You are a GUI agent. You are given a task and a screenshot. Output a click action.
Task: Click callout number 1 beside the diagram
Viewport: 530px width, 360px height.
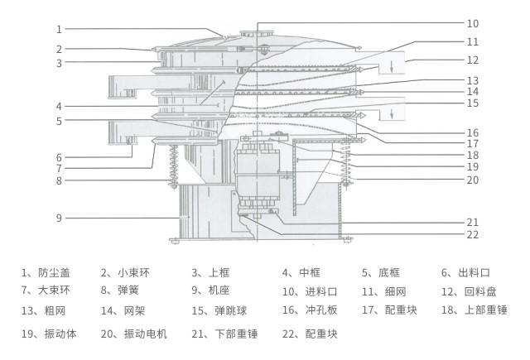tap(60, 29)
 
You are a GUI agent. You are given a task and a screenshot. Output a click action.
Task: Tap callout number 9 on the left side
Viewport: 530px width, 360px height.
tap(60, 218)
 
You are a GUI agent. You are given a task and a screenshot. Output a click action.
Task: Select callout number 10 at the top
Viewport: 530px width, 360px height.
tap(473, 23)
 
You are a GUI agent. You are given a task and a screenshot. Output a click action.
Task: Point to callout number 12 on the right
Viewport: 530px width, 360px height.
tap(473, 60)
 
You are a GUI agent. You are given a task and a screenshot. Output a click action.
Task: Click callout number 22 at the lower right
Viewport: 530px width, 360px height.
tap(473, 236)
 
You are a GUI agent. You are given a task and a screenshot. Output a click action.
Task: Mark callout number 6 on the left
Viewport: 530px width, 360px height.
tap(60, 157)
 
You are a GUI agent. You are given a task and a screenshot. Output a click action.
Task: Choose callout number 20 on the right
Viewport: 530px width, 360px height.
tap(473, 180)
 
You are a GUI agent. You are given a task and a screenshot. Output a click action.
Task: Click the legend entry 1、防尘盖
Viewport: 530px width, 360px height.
tap(46, 272)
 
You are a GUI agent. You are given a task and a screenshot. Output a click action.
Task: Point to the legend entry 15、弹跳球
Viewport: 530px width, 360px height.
tap(219, 310)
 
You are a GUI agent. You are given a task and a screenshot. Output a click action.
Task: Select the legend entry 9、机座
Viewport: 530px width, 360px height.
tap(211, 290)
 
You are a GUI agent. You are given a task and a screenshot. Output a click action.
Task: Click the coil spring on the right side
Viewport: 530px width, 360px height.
tap(348, 164)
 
